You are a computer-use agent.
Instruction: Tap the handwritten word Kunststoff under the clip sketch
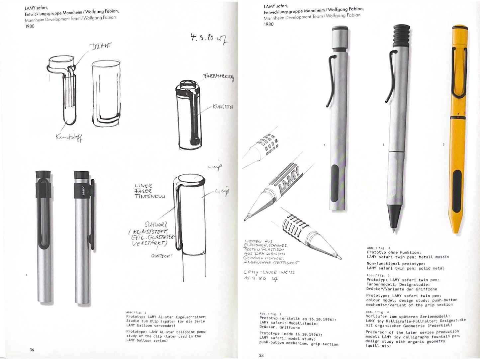click(x=69, y=137)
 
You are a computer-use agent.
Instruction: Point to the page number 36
click(x=32, y=350)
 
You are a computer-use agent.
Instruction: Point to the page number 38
click(x=261, y=355)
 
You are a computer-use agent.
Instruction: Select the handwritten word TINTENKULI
click(x=149, y=196)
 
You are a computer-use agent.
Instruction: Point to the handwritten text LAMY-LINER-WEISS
click(x=269, y=272)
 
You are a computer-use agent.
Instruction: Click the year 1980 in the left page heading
click(x=30, y=26)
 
